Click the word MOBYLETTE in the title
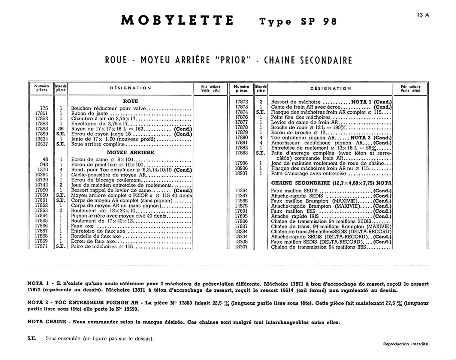tap(177, 20)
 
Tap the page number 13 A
tap(423, 15)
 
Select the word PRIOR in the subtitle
tap(233, 60)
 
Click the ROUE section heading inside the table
tap(131, 101)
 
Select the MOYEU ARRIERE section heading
tap(130, 152)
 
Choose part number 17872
tap(242, 102)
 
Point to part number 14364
tap(242, 191)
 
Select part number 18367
tap(242, 247)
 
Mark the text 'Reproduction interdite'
tap(405, 344)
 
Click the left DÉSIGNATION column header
tap(131, 88)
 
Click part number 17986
tap(242, 163)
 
